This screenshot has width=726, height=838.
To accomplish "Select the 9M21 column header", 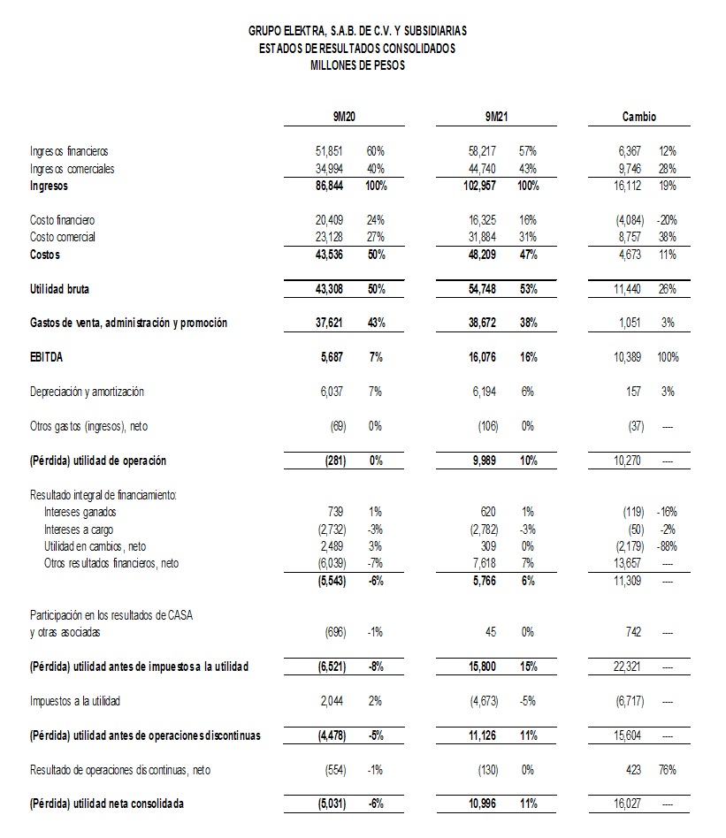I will tap(495, 117).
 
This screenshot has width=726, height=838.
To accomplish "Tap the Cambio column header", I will tap(638, 117).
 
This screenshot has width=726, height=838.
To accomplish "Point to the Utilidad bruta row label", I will tap(59, 289).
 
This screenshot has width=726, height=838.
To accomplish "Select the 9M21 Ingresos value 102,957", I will tap(478, 187).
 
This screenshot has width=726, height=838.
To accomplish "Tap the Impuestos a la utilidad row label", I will tap(75, 701).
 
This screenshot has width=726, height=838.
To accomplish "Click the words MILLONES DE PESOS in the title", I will tap(357, 65).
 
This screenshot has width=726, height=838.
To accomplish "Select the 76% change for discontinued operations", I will tap(667, 770).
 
